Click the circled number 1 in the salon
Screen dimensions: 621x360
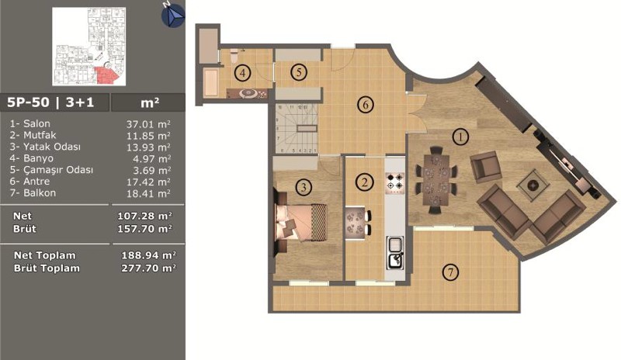coord(460,137)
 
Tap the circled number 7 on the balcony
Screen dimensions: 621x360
coord(450,272)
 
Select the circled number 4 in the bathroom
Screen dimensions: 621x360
coord(243,73)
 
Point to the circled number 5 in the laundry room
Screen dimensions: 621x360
coord(299,72)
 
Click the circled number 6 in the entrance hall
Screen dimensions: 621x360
coord(365,105)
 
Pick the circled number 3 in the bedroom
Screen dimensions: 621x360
coord(304,186)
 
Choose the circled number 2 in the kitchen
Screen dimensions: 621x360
coord(365,182)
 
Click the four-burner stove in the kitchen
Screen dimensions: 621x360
coord(395,183)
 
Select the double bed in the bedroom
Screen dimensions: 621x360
coord(302,222)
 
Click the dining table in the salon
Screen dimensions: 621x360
coord(436,180)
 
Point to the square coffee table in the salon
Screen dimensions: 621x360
coord(533,185)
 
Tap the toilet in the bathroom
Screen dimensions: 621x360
coord(234,55)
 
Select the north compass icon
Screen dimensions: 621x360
coord(172,15)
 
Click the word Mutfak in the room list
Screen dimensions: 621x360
coord(40,135)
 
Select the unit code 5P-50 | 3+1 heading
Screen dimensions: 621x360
coord(50,102)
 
